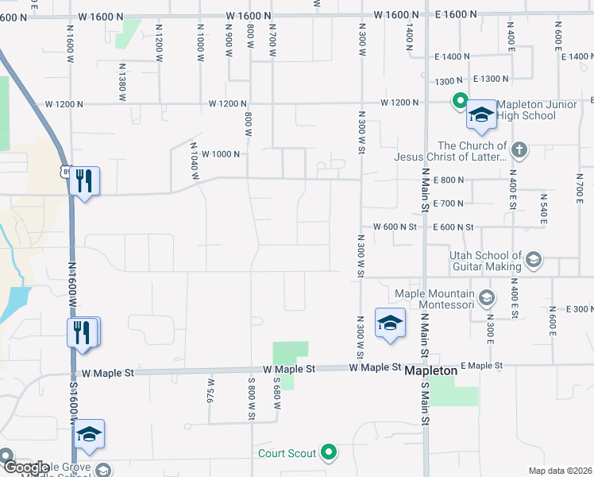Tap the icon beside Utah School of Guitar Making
(534, 259)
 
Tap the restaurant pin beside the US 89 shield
(83, 182)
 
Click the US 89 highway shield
(67, 171)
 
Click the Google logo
(25, 467)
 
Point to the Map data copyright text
(561, 471)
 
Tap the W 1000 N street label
(221, 154)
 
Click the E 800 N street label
(449, 180)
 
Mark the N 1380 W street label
(122, 82)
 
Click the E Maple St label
(482, 366)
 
